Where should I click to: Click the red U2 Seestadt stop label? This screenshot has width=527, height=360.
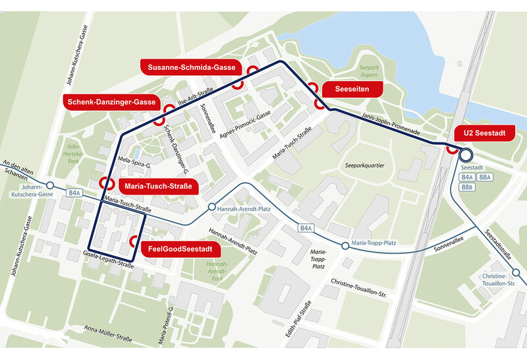485,133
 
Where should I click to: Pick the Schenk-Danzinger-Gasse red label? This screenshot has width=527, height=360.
111,102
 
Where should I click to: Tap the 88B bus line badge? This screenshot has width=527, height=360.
467,187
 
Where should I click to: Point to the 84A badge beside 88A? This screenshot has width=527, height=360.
467,177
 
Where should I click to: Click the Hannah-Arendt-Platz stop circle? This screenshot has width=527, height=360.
211,208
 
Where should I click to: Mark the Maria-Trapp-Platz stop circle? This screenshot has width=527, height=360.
345,246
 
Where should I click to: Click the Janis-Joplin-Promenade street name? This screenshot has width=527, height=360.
391,123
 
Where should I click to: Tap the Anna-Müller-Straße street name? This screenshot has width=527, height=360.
109,333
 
